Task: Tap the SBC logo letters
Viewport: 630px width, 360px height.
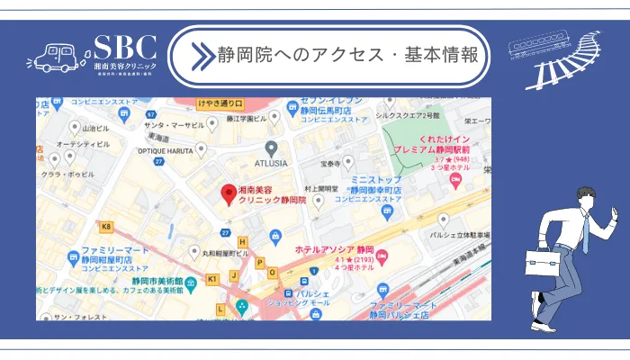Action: coord(125,47)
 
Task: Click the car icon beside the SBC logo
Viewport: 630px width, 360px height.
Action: coord(58,57)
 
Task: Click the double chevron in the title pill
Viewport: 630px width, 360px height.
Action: coord(199,55)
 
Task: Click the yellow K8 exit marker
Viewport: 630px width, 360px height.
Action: coord(107,227)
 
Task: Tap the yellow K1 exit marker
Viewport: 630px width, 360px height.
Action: coord(212,280)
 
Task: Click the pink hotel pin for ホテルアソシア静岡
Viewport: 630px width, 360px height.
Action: coord(382,256)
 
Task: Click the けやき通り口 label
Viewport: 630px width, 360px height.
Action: coord(219,103)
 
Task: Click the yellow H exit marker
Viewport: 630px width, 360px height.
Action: coord(242,242)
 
